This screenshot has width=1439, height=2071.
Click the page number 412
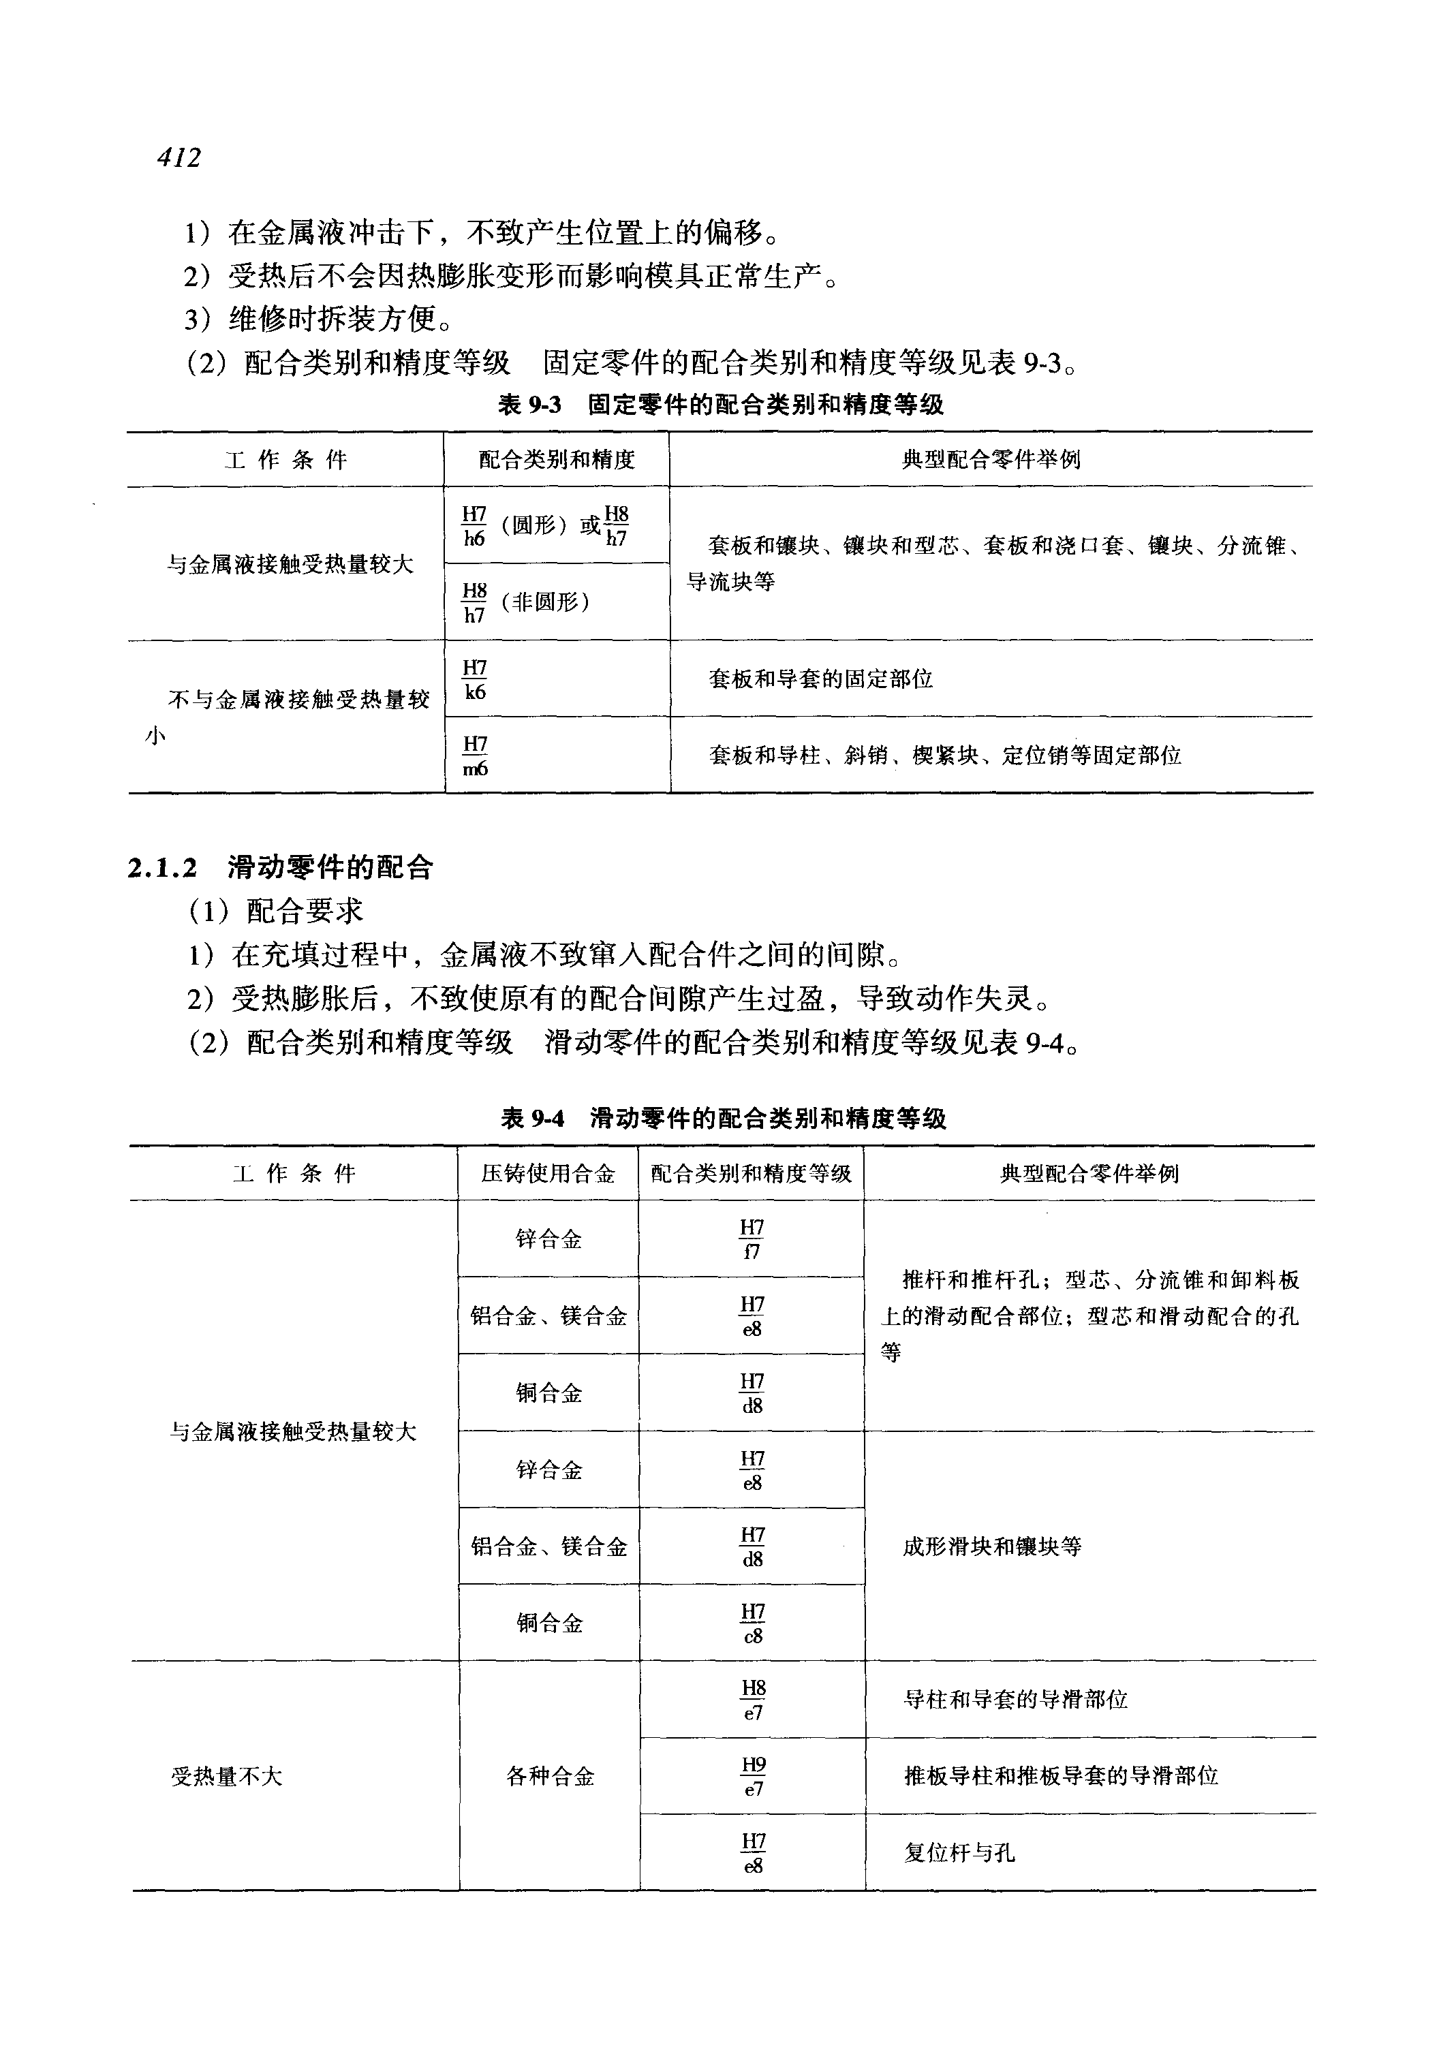(x=179, y=158)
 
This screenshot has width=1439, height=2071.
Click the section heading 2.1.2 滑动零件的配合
(x=281, y=867)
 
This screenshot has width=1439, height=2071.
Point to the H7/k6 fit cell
(x=474, y=679)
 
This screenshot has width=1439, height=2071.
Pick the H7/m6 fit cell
(x=475, y=756)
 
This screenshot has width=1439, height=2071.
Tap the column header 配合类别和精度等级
(x=750, y=1173)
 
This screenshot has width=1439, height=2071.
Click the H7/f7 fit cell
(x=751, y=1239)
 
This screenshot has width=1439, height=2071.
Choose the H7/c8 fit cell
(x=752, y=1623)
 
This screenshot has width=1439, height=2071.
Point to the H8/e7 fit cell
(x=753, y=1700)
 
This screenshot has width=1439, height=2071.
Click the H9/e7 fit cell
(x=753, y=1776)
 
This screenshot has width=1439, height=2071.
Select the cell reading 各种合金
(x=550, y=1776)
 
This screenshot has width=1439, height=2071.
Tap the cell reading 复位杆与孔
(x=959, y=1853)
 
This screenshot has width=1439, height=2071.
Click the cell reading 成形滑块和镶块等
(x=992, y=1546)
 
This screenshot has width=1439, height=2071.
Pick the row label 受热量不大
(x=226, y=1776)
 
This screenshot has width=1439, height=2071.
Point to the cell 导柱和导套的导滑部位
(x=1015, y=1700)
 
